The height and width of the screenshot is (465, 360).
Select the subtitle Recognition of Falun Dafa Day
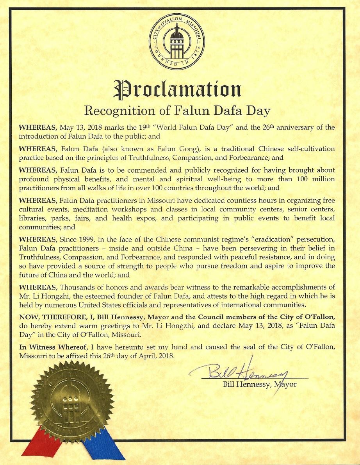click(177, 111)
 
